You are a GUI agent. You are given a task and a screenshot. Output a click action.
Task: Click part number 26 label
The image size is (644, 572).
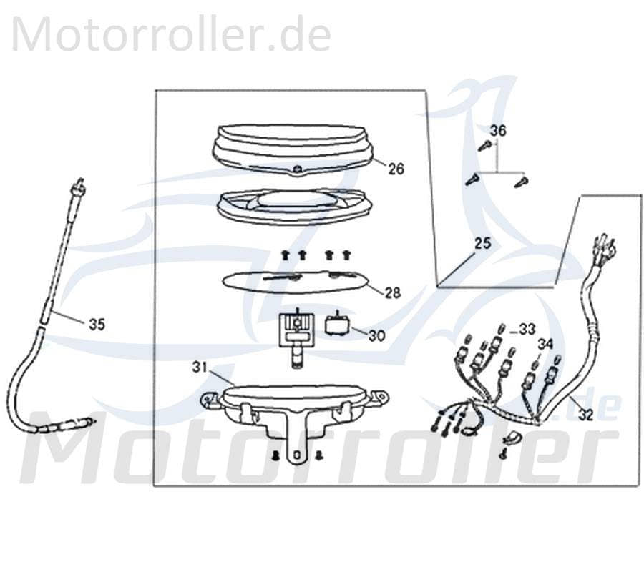[396, 169]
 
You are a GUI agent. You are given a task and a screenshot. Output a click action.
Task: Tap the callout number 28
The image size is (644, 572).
[392, 292]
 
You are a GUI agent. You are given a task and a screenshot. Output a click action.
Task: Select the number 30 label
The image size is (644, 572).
[376, 335]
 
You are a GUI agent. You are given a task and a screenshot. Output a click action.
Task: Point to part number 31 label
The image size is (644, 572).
[200, 367]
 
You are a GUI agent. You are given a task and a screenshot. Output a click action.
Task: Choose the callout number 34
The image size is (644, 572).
[546, 344]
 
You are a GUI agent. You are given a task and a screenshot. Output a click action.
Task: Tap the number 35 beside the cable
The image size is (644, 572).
[97, 324]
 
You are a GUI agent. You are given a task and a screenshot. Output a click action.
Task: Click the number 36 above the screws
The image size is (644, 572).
[497, 131]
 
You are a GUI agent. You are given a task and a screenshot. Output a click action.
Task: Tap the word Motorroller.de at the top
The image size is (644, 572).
[172, 34]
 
